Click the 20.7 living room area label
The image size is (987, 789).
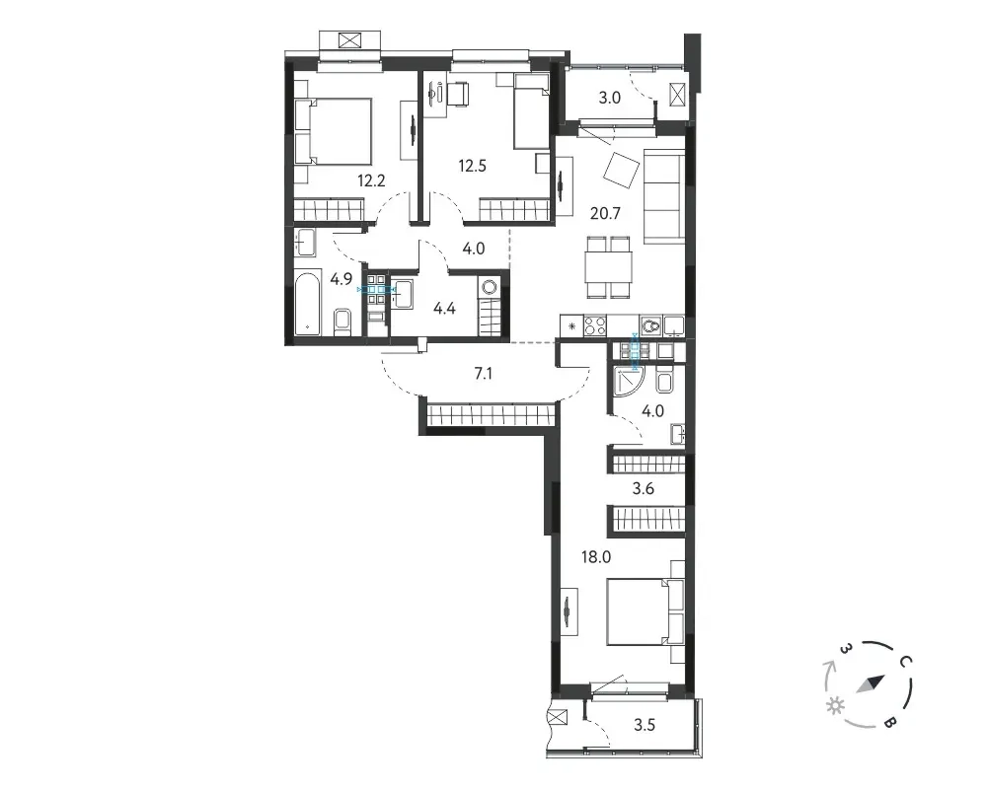(x=605, y=213)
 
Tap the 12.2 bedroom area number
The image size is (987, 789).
(x=371, y=181)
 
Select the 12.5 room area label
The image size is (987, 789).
(x=472, y=166)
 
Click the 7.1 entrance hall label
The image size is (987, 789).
(x=483, y=374)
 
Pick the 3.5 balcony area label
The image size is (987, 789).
(x=644, y=725)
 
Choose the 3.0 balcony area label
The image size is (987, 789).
(x=609, y=98)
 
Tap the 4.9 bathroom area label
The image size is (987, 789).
(x=342, y=279)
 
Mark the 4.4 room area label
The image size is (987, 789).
(x=444, y=309)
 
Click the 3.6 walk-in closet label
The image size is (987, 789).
(x=644, y=488)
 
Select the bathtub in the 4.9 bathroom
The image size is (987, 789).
(x=309, y=305)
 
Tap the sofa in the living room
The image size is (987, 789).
(x=664, y=197)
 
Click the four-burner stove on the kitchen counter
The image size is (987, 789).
(x=595, y=325)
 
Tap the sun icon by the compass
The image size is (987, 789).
(x=836, y=706)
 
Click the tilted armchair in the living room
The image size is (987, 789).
(x=621, y=170)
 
